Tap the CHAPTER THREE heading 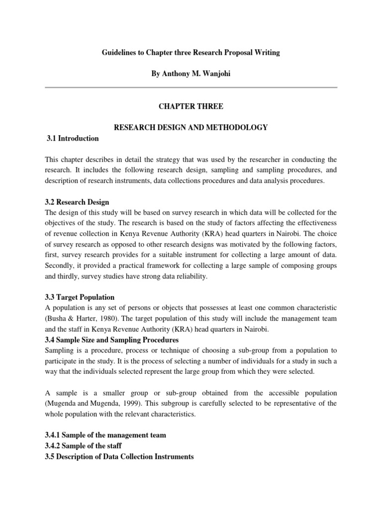click(x=191, y=106)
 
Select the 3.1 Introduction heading click(x=72, y=139)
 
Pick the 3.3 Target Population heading click(x=80, y=297)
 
